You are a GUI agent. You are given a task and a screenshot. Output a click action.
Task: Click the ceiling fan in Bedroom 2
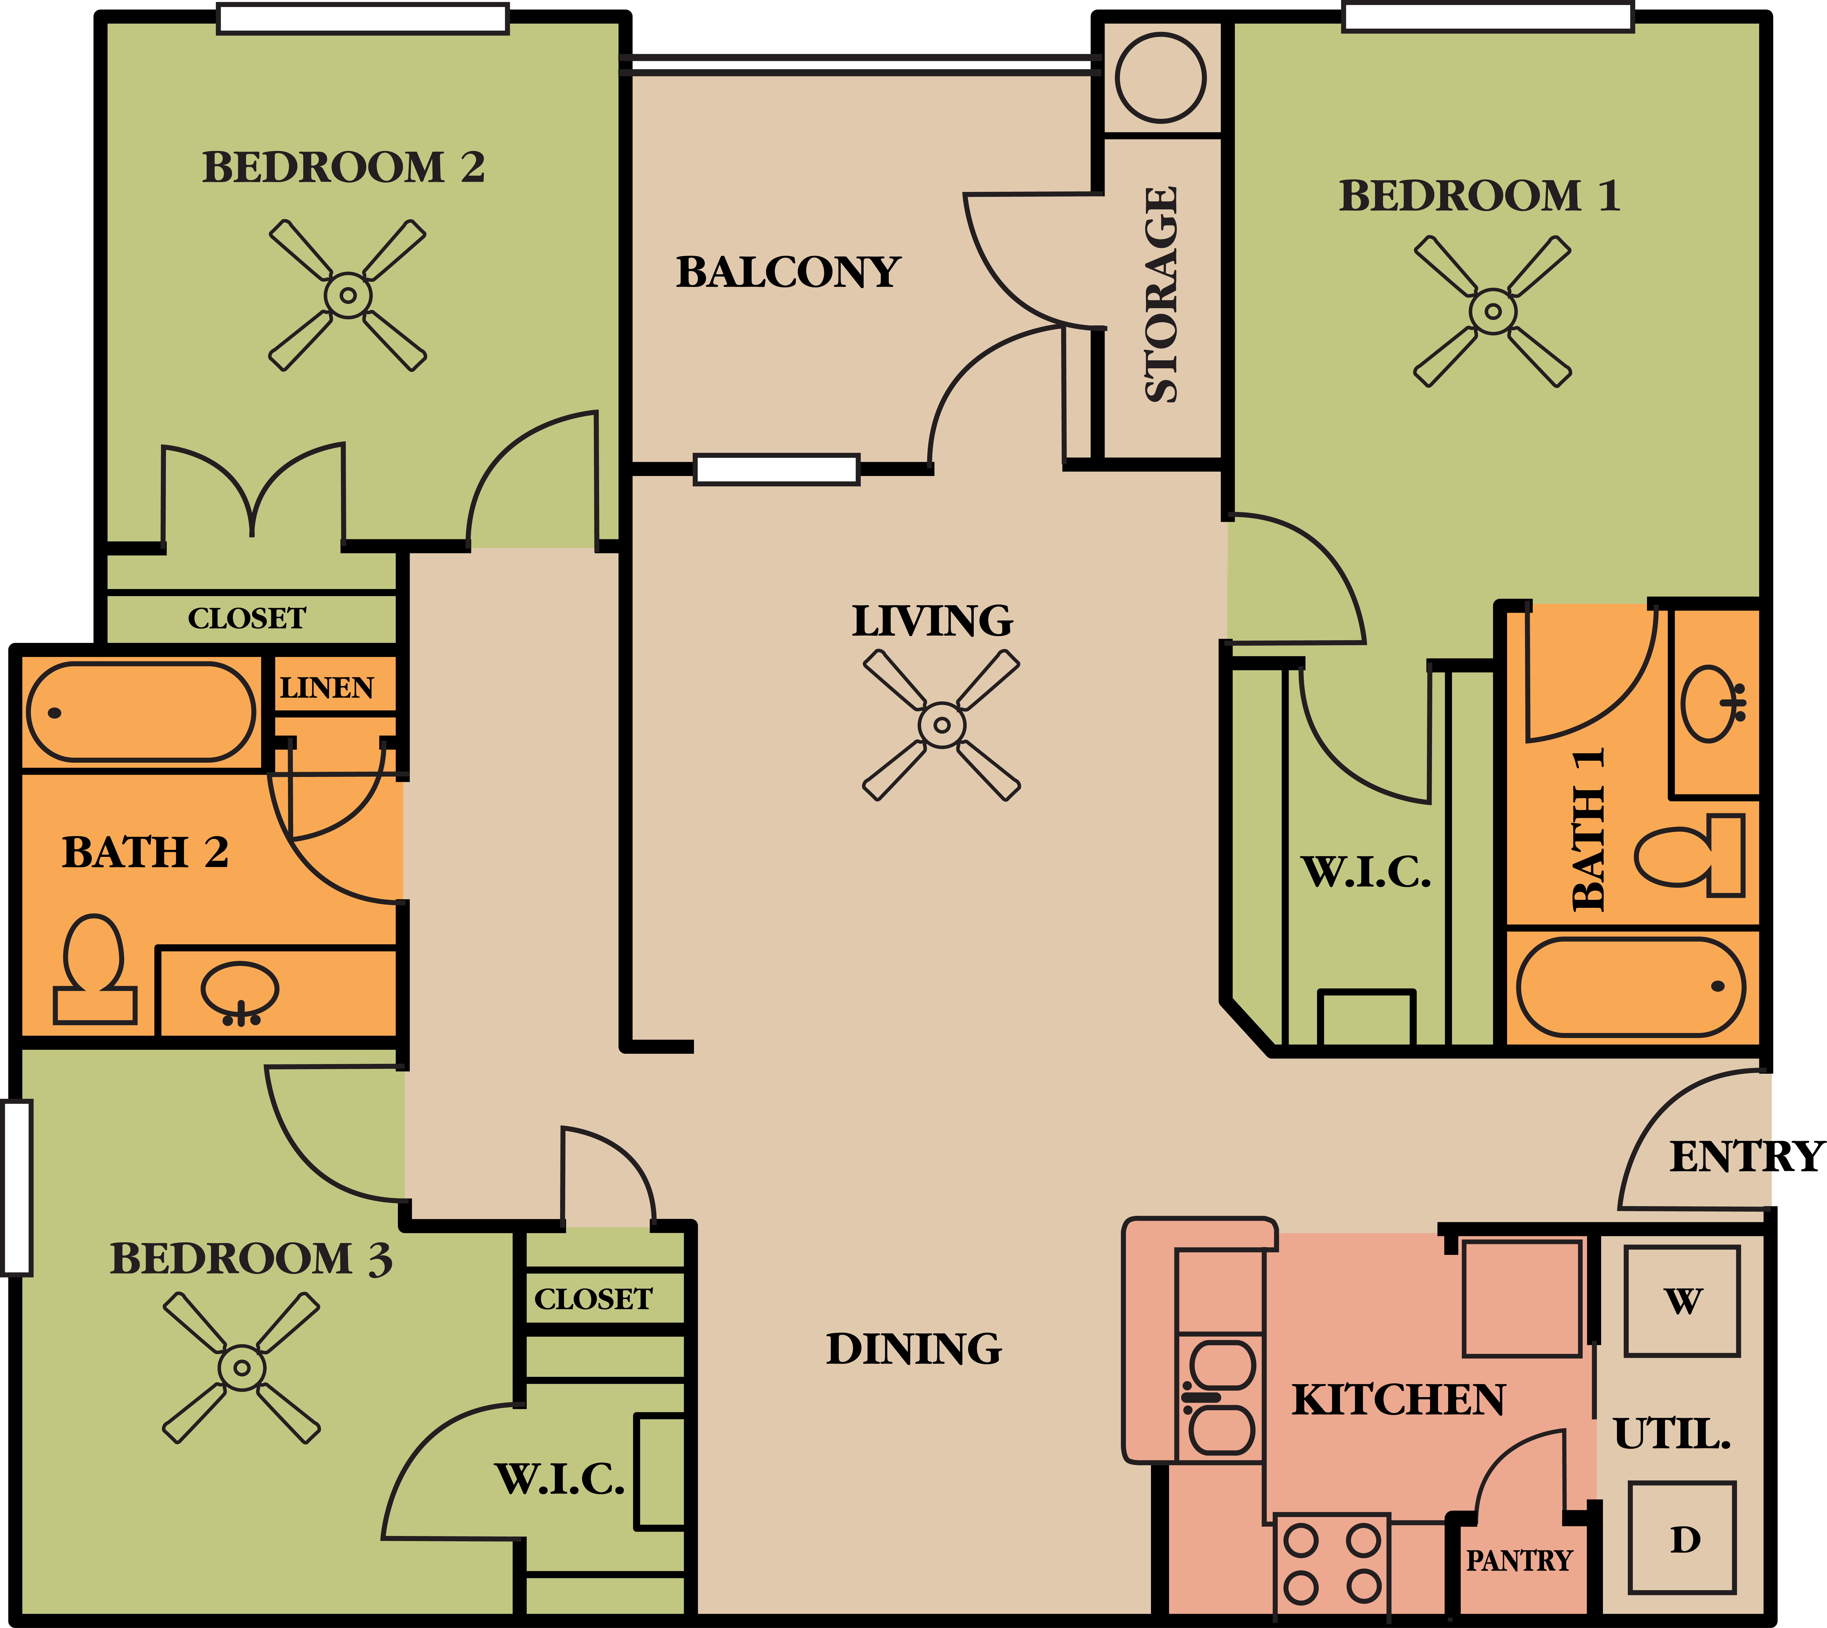pyautogui.click(x=348, y=295)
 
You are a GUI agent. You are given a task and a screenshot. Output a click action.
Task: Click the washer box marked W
pyautogui.click(x=1682, y=1301)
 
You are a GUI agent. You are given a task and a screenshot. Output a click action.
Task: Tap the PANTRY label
pyautogui.click(x=1518, y=1561)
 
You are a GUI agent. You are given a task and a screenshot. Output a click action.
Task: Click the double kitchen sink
pyautogui.click(x=1221, y=1397)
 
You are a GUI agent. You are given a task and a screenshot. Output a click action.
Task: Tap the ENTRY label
pyautogui.click(x=1746, y=1157)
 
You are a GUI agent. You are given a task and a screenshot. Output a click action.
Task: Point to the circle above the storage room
pyautogui.click(x=1161, y=78)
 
